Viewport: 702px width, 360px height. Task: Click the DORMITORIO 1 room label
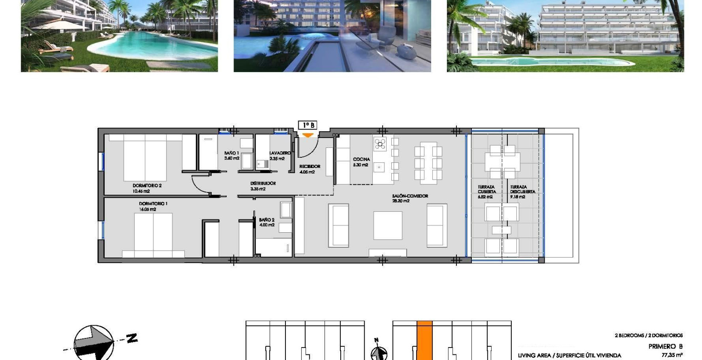153,204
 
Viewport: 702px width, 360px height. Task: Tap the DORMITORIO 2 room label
147,186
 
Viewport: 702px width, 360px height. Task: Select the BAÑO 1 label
231,153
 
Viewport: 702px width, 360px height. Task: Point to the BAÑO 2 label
267,220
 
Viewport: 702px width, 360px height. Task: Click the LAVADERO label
280,153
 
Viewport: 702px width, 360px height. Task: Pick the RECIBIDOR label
309,166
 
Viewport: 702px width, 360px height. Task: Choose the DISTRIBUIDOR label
263,183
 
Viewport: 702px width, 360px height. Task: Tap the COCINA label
361,159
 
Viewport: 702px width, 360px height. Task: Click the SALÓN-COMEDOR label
410,196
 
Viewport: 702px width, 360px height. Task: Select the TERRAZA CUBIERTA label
486,189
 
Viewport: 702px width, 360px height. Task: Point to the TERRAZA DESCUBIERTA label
522,189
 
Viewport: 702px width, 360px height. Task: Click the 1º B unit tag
308,125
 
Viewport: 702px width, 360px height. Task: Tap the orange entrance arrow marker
308,135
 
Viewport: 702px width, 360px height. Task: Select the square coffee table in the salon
387,225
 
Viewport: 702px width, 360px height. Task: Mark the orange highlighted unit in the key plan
424,341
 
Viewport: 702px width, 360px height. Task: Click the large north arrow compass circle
94,342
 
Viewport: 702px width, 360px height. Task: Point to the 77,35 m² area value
672,355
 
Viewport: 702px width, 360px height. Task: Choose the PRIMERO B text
665,346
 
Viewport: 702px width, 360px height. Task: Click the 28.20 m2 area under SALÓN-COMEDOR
400,201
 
